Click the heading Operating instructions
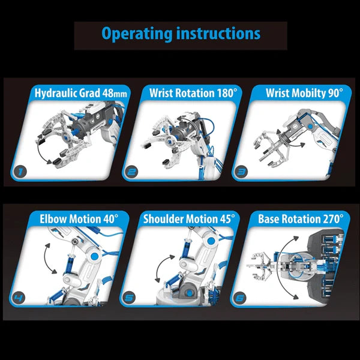(x=181, y=34)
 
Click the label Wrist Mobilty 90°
(x=296, y=93)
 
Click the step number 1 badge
(x=20, y=172)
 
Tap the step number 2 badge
(x=131, y=172)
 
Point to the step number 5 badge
(x=129, y=296)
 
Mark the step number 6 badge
(x=241, y=296)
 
